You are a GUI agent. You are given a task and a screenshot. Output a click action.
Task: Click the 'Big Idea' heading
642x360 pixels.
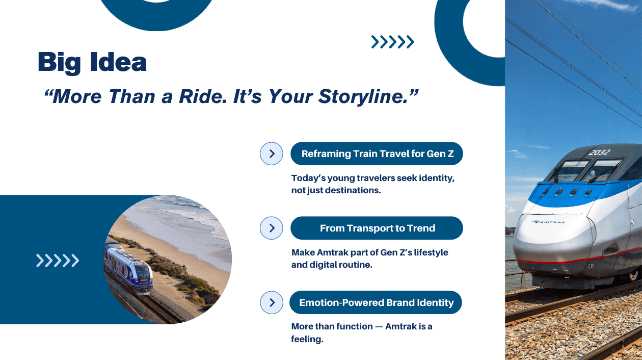click(92, 62)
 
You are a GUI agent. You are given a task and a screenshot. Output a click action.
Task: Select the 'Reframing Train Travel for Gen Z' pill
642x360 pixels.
click(377, 153)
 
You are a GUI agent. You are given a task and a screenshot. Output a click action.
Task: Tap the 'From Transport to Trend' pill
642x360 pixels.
click(377, 228)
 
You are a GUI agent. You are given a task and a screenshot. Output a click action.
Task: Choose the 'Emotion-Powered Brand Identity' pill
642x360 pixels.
click(376, 302)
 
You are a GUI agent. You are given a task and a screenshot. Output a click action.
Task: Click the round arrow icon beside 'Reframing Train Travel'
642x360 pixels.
click(272, 153)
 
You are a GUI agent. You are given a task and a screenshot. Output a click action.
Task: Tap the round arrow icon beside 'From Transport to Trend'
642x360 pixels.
click(272, 228)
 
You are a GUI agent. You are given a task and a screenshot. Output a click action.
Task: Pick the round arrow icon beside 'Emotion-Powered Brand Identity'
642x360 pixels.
click(272, 302)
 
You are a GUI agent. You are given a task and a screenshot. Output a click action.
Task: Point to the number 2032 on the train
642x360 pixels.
click(599, 152)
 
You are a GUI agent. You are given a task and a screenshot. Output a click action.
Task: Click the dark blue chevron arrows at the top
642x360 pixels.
click(392, 42)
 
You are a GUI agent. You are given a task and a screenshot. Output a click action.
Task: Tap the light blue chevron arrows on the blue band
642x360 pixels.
click(58, 261)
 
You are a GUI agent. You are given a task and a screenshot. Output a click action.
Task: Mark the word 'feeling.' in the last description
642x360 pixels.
click(307, 339)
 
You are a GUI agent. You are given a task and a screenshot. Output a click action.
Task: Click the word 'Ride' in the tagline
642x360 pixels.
click(197, 96)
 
